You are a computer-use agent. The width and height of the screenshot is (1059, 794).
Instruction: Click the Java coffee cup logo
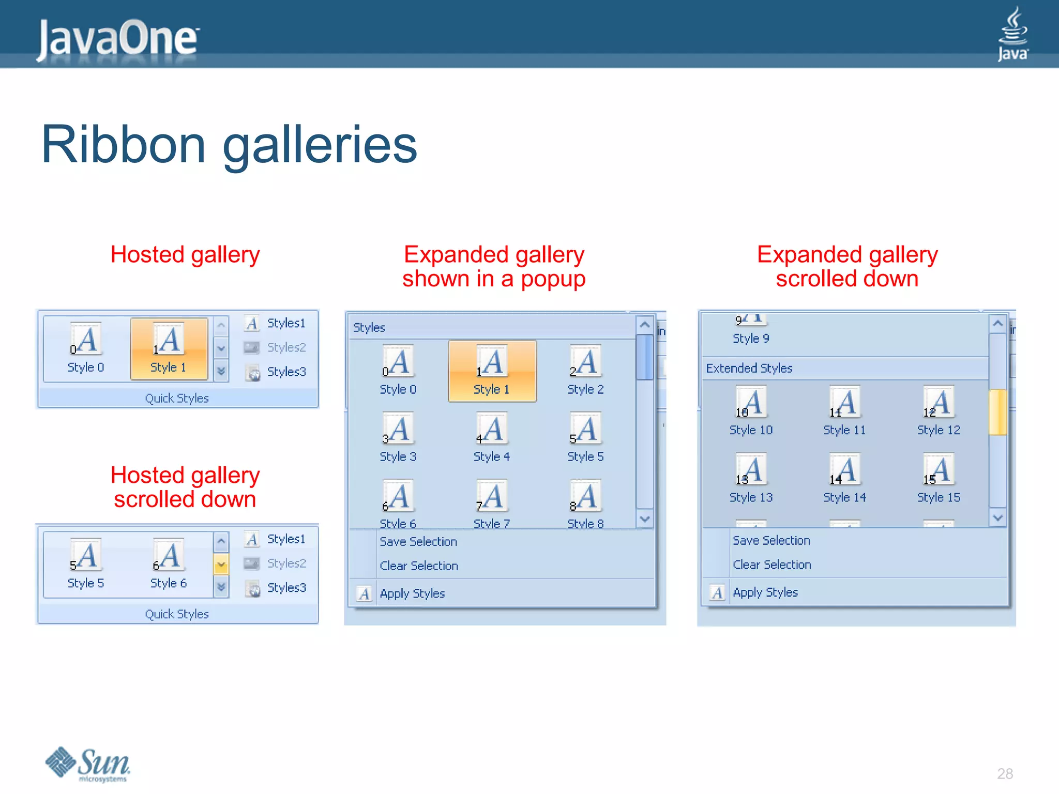tap(1012, 34)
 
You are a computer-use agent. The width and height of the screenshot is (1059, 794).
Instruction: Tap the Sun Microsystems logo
tap(88, 764)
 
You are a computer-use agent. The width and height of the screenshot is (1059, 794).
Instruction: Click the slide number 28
tap(1005, 773)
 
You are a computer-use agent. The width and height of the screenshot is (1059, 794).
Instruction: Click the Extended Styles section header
tap(749, 368)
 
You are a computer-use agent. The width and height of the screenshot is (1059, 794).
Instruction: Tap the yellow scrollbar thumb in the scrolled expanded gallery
tap(997, 412)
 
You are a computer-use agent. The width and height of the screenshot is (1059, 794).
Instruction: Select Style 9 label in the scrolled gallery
tap(751, 339)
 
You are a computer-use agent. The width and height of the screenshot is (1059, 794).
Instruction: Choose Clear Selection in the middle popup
tap(419, 566)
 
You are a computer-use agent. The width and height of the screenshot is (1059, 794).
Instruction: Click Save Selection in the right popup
tap(771, 541)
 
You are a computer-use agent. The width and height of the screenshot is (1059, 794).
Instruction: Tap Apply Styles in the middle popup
tap(412, 593)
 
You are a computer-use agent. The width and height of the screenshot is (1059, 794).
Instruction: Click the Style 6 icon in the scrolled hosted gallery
tap(168, 556)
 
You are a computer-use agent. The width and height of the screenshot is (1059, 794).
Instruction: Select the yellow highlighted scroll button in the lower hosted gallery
tap(221, 564)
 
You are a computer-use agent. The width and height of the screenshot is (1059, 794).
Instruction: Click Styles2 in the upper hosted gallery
tap(286, 347)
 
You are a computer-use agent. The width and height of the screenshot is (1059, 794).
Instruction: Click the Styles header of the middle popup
tap(369, 328)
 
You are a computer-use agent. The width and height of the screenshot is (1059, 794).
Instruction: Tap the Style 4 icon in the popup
tap(491, 429)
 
